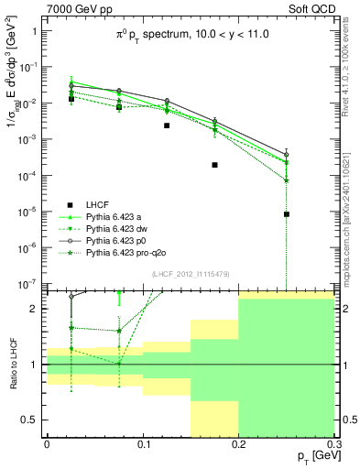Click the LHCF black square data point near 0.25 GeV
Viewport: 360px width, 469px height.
tap(287, 214)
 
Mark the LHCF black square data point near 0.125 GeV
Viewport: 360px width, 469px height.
tap(167, 125)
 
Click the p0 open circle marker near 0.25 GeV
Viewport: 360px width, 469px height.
tap(287, 154)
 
